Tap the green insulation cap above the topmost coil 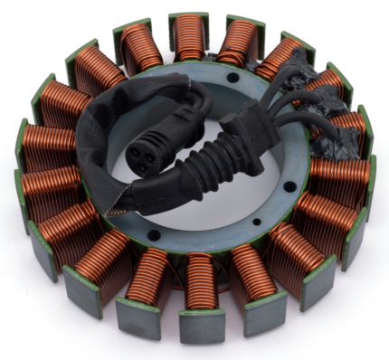189,16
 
